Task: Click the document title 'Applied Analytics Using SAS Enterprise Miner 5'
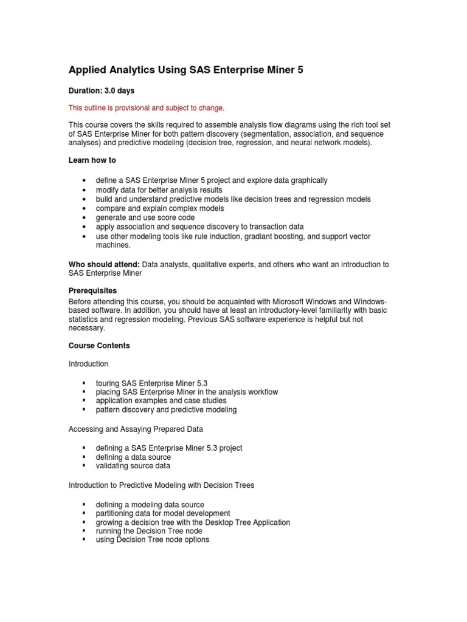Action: click(185, 70)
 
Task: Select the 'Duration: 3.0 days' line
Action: click(102, 91)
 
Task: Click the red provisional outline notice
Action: click(147, 108)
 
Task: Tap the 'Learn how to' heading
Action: click(92, 160)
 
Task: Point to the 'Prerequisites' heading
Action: click(92, 291)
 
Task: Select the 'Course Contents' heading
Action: click(99, 346)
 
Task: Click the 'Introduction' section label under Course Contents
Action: click(88, 364)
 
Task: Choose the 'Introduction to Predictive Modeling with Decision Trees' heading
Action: click(161, 485)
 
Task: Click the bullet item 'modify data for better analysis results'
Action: click(159, 190)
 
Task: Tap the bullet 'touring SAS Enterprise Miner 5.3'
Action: click(151, 383)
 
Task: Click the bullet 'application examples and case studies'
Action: click(161, 401)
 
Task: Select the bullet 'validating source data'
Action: click(133, 466)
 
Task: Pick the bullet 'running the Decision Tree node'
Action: click(149, 531)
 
